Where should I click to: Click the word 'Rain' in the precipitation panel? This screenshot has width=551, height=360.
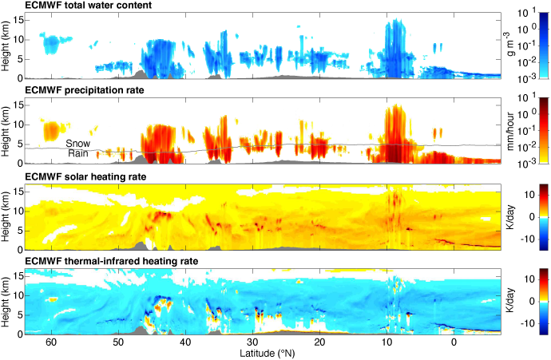pyautogui.click(x=77, y=153)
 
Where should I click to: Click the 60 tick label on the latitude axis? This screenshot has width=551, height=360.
pyautogui.click(x=50, y=342)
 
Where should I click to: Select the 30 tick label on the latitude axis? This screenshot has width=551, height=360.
pyautogui.click(x=252, y=342)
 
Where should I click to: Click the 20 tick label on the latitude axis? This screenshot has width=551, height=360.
pyautogui.click(x=319, y=342)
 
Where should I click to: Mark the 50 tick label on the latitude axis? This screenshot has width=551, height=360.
pyautogui.click(x=117, y=342)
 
